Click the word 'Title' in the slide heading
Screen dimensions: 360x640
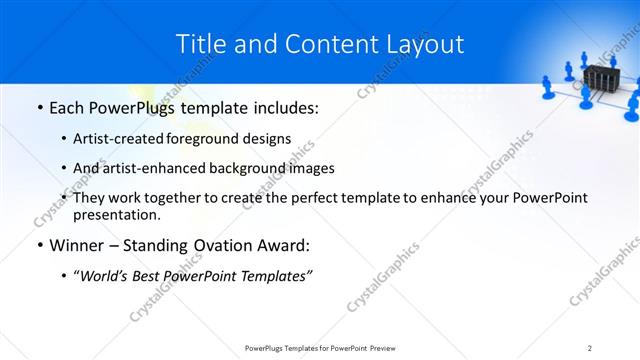tap(199, 44)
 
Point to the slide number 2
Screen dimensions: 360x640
tap(590, 347)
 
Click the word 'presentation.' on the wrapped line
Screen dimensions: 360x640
tap(117, 214)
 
